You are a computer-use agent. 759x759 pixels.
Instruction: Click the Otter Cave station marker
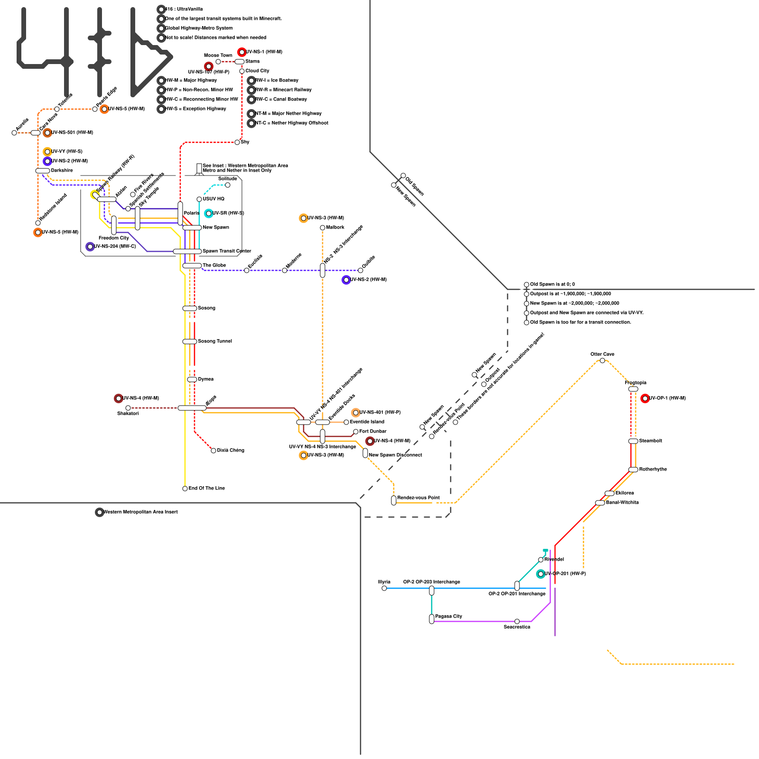(602, 361)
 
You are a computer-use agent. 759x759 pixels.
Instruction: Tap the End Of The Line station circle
(185, 489)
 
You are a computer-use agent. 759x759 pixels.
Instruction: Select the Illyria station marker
(384, 588)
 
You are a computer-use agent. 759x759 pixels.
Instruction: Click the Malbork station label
(335, 228)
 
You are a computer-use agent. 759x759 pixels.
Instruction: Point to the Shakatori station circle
(128, 408)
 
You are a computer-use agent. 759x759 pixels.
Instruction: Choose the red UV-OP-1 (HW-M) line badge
(645, 398)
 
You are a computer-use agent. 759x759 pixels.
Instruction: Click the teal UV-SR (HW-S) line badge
(208, 213)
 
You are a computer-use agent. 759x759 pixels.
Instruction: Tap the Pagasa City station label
(448, 616)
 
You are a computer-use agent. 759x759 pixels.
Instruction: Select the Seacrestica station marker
(517, 621)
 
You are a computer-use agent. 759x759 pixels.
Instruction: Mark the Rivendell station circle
(541, 560)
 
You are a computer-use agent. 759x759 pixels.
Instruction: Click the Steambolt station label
(650, 441)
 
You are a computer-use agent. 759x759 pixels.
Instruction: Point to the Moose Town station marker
(218, 62)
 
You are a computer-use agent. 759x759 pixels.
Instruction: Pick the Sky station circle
(237, 142)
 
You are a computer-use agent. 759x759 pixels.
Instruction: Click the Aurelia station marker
(14, 133)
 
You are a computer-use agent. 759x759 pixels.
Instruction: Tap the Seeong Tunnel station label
(215, 342)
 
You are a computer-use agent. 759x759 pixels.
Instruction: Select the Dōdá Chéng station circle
(213, 451)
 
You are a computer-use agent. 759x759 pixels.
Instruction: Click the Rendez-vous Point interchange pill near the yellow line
(394, 500)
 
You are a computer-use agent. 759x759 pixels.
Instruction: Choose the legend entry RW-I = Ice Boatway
(277, 81)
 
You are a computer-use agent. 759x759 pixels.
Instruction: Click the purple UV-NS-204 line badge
(90, 247)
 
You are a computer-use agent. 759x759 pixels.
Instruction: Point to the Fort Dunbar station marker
(356, 432)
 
